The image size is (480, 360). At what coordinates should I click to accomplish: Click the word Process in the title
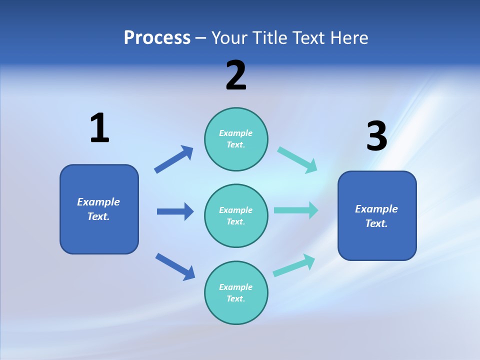157,38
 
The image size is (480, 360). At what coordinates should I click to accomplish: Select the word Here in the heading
349,38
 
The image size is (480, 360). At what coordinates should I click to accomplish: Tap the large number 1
99,128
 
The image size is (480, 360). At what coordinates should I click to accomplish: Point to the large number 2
236,76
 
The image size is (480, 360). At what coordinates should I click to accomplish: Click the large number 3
376,136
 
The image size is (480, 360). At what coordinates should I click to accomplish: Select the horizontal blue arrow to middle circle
175,211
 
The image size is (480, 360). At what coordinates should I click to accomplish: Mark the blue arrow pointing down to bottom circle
175,266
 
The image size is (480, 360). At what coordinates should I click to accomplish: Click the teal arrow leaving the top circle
297,160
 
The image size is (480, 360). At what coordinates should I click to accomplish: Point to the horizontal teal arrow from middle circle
296,210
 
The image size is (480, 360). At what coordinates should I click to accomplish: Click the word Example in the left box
98,202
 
